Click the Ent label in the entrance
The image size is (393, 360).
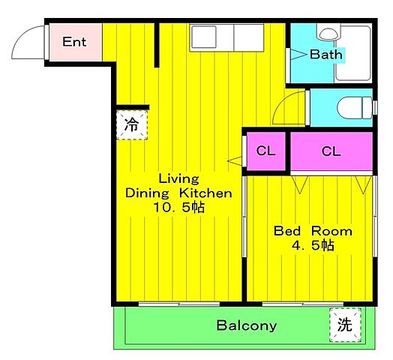click(74, 42)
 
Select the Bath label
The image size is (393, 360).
click(326, 55)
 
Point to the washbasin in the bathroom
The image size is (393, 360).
click(328, 34)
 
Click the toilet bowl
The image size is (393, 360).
click(354, 108)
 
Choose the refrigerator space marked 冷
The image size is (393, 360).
click(132, 124)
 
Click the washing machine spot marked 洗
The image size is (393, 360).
click(345, 325)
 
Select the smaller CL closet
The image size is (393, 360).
click(266, 151)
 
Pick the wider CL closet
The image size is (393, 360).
click(331, 151)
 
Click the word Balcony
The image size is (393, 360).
click(247, 325)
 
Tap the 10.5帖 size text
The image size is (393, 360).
click(179, 207)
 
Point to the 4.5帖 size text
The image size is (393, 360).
click(313, 245)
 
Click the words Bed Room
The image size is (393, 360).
click(313, 231)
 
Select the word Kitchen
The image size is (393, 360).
click(205, 193)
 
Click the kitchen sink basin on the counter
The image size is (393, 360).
click(203, 37)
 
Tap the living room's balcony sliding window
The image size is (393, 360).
click(179, 304)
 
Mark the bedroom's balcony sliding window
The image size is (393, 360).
click(303, 304)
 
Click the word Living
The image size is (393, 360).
click(179, 179)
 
